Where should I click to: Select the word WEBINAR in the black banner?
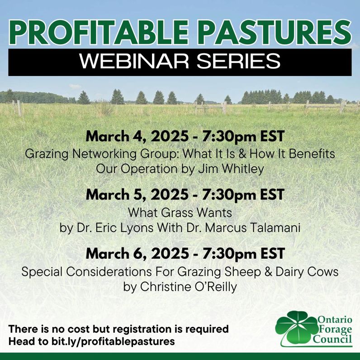tap(134, 62)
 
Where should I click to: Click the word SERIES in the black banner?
tap(238, 62)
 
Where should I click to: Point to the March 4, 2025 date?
tap(137, 137)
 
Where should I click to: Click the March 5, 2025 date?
tap(137, 194)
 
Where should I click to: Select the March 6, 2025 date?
tap(137, 254)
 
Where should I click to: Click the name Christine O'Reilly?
tap(188, 287)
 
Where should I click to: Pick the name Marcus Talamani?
tap(252, 228)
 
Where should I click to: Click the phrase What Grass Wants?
tap(180, 213)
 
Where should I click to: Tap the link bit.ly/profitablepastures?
tap(113, 341)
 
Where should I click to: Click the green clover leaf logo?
tap(296, 327)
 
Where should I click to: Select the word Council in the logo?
tap(332, 339)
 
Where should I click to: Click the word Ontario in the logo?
tap(335, 319)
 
